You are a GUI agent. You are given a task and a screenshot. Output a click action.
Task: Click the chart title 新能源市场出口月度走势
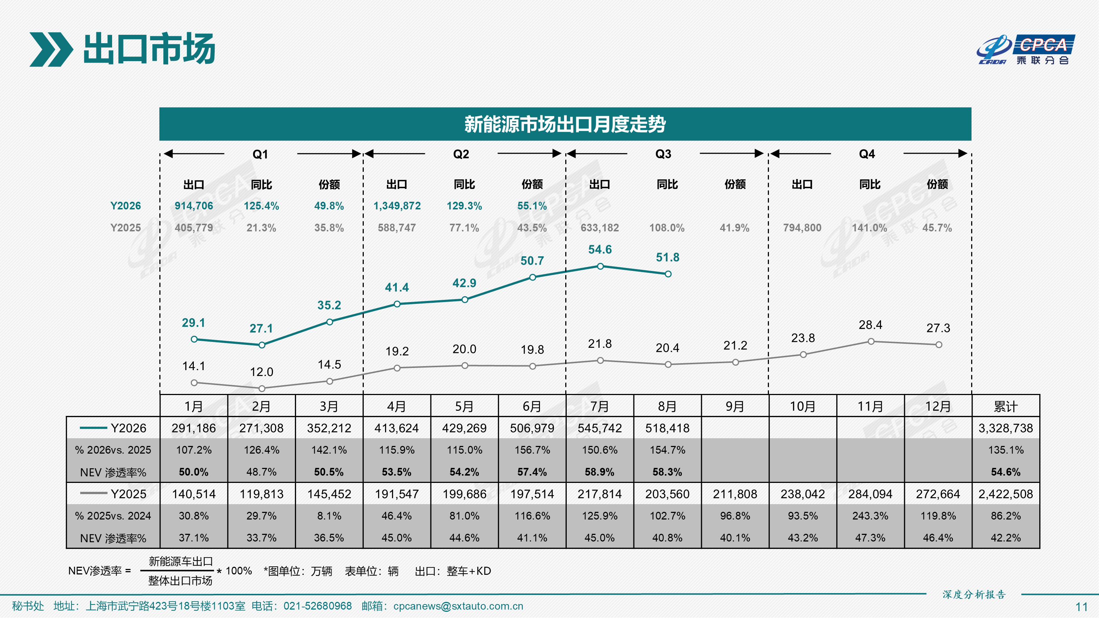tap(565, 124)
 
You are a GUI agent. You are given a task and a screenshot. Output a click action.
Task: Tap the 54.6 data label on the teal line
tap(600, 249)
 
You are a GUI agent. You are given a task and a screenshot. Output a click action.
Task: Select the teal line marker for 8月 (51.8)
tap(668, 274)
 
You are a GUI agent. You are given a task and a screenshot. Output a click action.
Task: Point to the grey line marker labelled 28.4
tap(871, 342)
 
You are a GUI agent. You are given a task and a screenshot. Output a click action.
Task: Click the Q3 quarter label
tap(663, 154)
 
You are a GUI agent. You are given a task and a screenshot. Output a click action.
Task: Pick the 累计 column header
tap(1006, 406)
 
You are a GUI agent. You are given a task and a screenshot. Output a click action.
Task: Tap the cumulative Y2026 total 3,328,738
tap(1006, 428)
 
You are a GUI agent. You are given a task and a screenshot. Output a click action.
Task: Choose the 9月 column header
tap(735, 406)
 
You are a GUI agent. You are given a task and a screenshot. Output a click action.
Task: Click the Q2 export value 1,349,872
tap(397, 206)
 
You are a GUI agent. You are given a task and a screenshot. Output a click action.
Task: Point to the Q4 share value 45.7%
tap(937, 228)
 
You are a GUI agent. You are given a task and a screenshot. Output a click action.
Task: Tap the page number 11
tap(1081, 607)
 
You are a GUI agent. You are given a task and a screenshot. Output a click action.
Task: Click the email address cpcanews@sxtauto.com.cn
tap(458, 606)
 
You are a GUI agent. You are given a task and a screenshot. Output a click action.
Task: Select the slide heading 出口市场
tap(149, 49)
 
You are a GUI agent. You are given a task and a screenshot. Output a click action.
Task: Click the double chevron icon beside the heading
tap(51, 49)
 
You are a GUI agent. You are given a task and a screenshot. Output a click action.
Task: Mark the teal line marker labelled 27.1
tap(262, 345)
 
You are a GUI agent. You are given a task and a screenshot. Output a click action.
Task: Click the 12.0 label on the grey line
tap(262, 372)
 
